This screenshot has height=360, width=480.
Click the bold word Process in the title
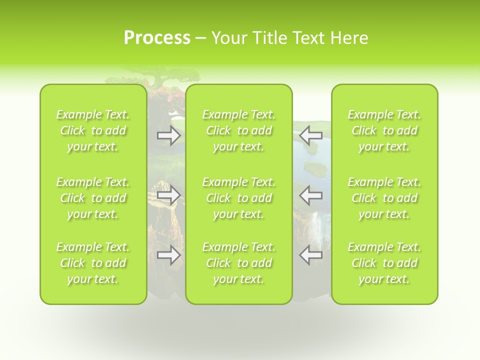pyautogui.click(x=157, y=38)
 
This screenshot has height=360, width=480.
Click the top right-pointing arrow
pyautogui.click(x=168, y=135)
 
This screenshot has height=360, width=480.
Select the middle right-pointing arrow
pyautogui.click(x=168, y=194)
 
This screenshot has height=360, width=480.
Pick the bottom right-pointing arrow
pyautogui.click(x=168, y=255)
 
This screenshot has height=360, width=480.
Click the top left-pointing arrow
pyautogui.click(x=310, y=135)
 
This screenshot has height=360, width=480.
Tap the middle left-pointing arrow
pyautogui.click(x=310, y=194)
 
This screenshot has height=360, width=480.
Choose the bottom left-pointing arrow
pyautogui.click(x=310, y=255)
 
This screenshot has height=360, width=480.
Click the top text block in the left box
pyautogui.click(x=93, y=130)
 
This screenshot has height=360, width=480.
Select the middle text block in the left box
pyautogui.click(x=93, y=198)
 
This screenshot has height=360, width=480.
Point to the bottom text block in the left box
pyautogui.click(x=93, y=263)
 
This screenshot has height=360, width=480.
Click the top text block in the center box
pyautogui.click(x=239, y=130)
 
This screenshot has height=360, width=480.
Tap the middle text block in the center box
pyautogui.click(x=239, y=198)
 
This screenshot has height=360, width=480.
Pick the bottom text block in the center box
pyautogui.click(x=239, y=263)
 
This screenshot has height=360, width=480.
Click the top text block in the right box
pyautogui.click(x=384, y=130)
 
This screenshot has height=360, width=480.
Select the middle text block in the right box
pyautogui.click(x=384, y=198)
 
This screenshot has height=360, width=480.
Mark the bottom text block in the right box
pyautogui.click(x=384, y=263)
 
